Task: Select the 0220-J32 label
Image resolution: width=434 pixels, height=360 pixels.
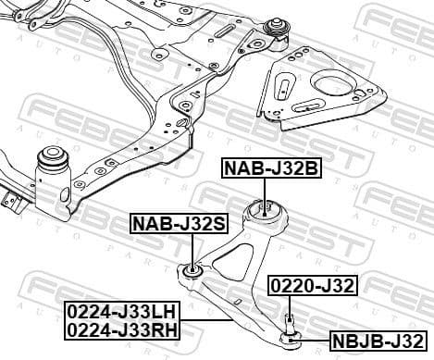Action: (313, 285)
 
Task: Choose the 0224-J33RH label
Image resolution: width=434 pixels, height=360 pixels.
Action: (123, 328)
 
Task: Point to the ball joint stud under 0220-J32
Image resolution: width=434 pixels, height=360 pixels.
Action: (291, 324)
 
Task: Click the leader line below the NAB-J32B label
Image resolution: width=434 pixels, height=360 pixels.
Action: (267, 188)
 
